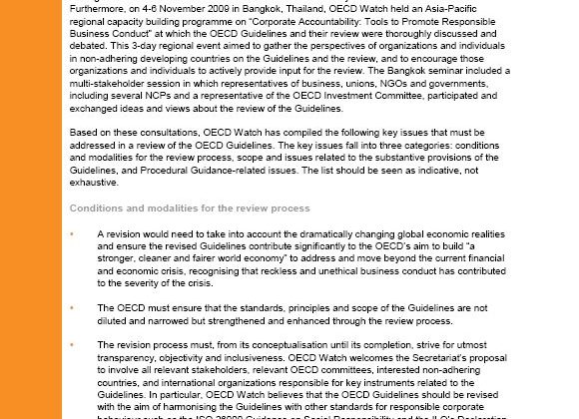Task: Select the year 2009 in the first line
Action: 218,4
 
